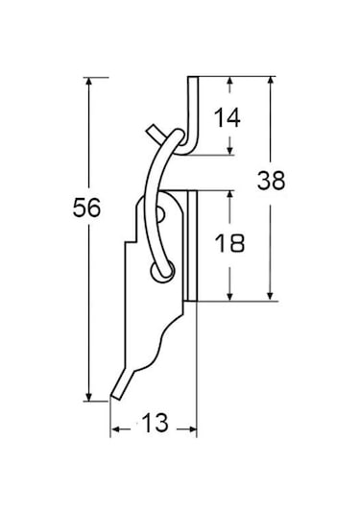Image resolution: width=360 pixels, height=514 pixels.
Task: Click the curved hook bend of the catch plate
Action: pos(189,148)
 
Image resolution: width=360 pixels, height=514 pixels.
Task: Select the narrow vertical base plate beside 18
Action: pos(191,245)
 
